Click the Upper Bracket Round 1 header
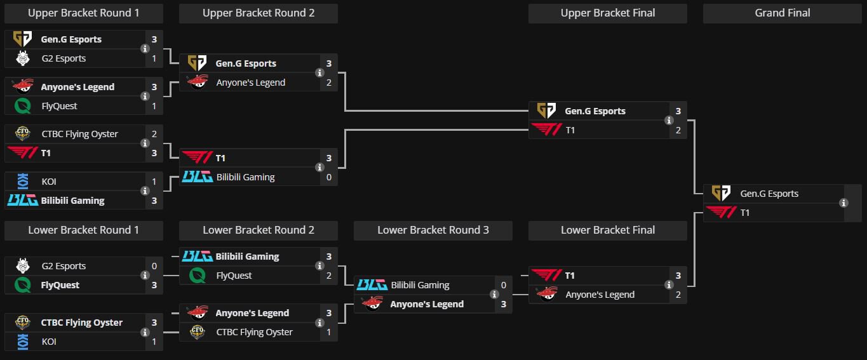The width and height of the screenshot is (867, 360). pyautogui.click(x=83, y=13)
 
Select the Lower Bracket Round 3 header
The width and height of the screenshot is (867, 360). pyautogui.click(x=433, y=230)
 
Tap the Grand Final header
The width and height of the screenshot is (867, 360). pyautogui.click(x=782, y=13)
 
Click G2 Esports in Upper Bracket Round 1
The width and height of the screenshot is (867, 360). pyautogui.click(x=63, y=58)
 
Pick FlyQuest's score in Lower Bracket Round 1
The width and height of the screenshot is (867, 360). pyautogui.click(x=154, y=285)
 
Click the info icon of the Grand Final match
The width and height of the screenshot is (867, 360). pyautogui.click(x=843, y=203)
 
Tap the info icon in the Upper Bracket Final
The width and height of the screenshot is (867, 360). pyautogui.click(x=669, y=121)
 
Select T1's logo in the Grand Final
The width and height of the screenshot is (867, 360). pyautogui.click(x=721, y=213)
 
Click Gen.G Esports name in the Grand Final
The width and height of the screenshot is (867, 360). pyautogui.click(x=769, y=194)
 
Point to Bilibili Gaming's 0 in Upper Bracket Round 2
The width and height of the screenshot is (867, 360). pyautogui.click(x=329, y=177)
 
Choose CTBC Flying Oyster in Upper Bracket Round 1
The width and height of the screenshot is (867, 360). pyautogui.click(x=79, y=134)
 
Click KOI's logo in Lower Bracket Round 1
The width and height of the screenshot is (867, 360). pyautogui.click(x=22, y=342)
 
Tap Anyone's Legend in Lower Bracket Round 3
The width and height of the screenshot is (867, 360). pyautogui.click(x=427, y=304)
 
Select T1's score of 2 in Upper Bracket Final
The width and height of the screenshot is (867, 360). pyautogui.click(x=678, y=130)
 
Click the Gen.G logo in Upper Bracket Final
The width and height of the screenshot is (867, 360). pyautogui.click(x=546, y=111)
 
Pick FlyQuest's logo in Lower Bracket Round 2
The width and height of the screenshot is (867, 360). pyautogui.click(x=198, y=276)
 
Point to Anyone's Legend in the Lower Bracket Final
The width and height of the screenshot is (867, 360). pyautogui.click(x=600, y=295)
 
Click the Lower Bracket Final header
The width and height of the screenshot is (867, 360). pyautogui.click(x=608, y=230)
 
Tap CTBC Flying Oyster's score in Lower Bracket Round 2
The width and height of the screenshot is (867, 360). pyautogui.click(x=329, y=332)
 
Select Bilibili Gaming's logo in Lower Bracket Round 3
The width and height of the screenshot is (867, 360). pyautogui.click(x=372, y=285)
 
